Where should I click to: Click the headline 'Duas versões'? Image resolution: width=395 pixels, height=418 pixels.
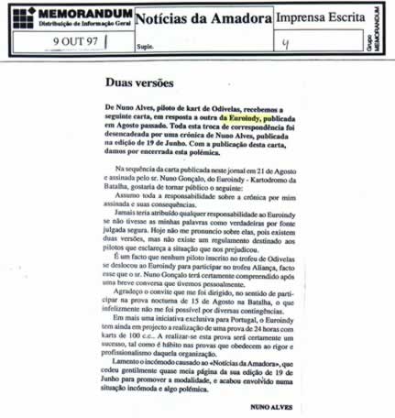click(x=139, y=83)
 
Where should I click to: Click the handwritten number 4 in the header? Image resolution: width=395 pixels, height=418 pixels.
click(x=286, y=42)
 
